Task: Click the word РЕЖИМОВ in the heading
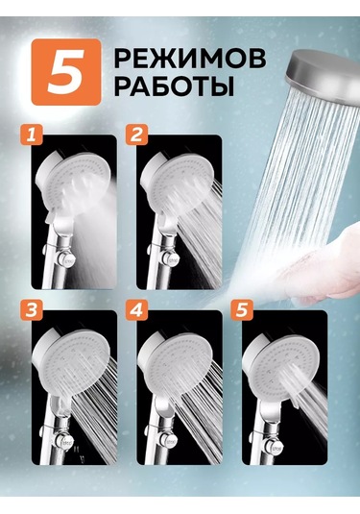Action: point(190,60)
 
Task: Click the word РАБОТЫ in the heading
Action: point(175,86)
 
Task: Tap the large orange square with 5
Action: point(66,72)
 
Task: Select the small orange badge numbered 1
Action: point(32,135)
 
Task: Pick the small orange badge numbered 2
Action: point(136,135)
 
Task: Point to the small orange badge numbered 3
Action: point(32,310)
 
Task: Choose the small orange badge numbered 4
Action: point(136,310)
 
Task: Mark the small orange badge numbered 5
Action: point(242,310)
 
